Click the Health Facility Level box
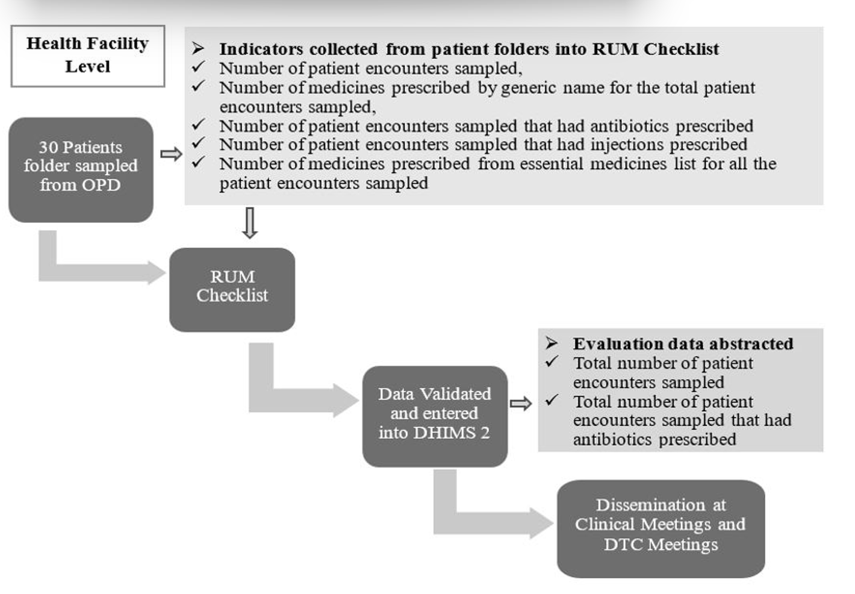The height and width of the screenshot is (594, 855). [x=87, y=55]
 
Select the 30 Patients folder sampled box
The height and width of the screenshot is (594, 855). [x=81, y=169]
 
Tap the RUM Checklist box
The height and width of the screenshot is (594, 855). [x=232, y=289]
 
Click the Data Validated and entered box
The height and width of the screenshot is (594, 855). [x=434, y=416]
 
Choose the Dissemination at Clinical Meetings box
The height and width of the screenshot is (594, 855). [x=661, y=528]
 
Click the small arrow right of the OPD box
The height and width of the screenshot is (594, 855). [x=171, y=154]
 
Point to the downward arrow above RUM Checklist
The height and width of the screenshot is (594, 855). [x=249, y=222]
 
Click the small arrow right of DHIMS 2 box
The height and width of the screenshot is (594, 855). [x=521, y=403]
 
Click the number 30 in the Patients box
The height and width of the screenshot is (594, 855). [x=48, y=148]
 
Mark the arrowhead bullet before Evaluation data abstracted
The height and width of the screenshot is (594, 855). [x=552, y=343]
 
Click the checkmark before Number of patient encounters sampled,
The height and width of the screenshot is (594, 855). [x=198, y=67]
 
